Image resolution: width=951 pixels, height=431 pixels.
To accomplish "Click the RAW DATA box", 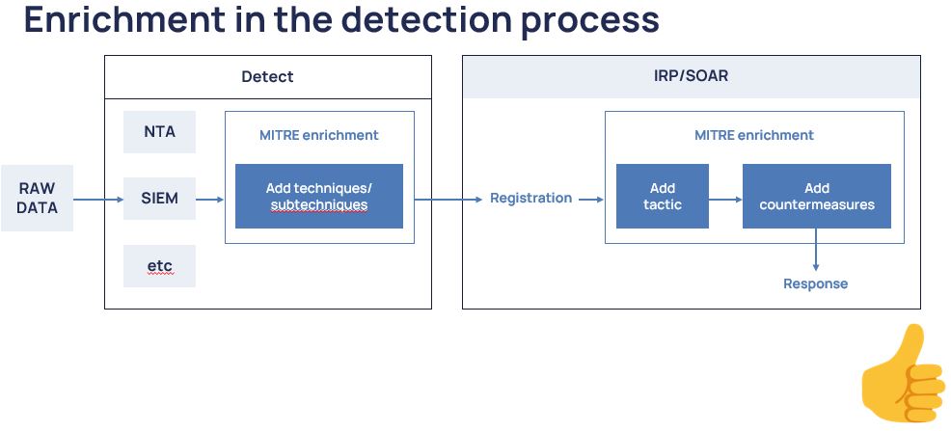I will point(37,199).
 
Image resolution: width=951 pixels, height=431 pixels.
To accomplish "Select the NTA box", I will point(159,132).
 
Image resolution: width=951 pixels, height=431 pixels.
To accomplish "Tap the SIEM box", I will point(159,199).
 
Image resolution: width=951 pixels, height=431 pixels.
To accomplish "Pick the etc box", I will point(159,265).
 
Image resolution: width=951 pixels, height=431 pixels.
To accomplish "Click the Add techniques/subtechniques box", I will point(318,197).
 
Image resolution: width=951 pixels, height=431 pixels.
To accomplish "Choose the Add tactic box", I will point(662,197).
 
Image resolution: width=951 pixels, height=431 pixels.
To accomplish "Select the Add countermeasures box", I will point(816,197).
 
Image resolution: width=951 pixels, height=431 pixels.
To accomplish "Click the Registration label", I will point(530,198).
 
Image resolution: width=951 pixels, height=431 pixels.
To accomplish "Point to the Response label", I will point(815,283).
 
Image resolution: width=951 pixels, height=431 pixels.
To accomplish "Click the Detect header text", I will point(267,75).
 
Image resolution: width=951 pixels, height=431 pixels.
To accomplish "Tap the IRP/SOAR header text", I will point(691,75).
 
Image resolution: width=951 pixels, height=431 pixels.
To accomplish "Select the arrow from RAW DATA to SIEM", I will point(98,200).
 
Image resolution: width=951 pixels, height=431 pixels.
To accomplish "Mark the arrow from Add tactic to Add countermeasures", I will point(725,200).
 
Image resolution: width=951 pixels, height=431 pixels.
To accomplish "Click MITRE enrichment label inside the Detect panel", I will point(318,135).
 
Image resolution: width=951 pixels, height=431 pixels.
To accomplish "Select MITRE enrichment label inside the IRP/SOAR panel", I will point(753,135).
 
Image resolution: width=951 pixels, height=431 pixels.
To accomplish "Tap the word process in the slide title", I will point(590,21).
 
